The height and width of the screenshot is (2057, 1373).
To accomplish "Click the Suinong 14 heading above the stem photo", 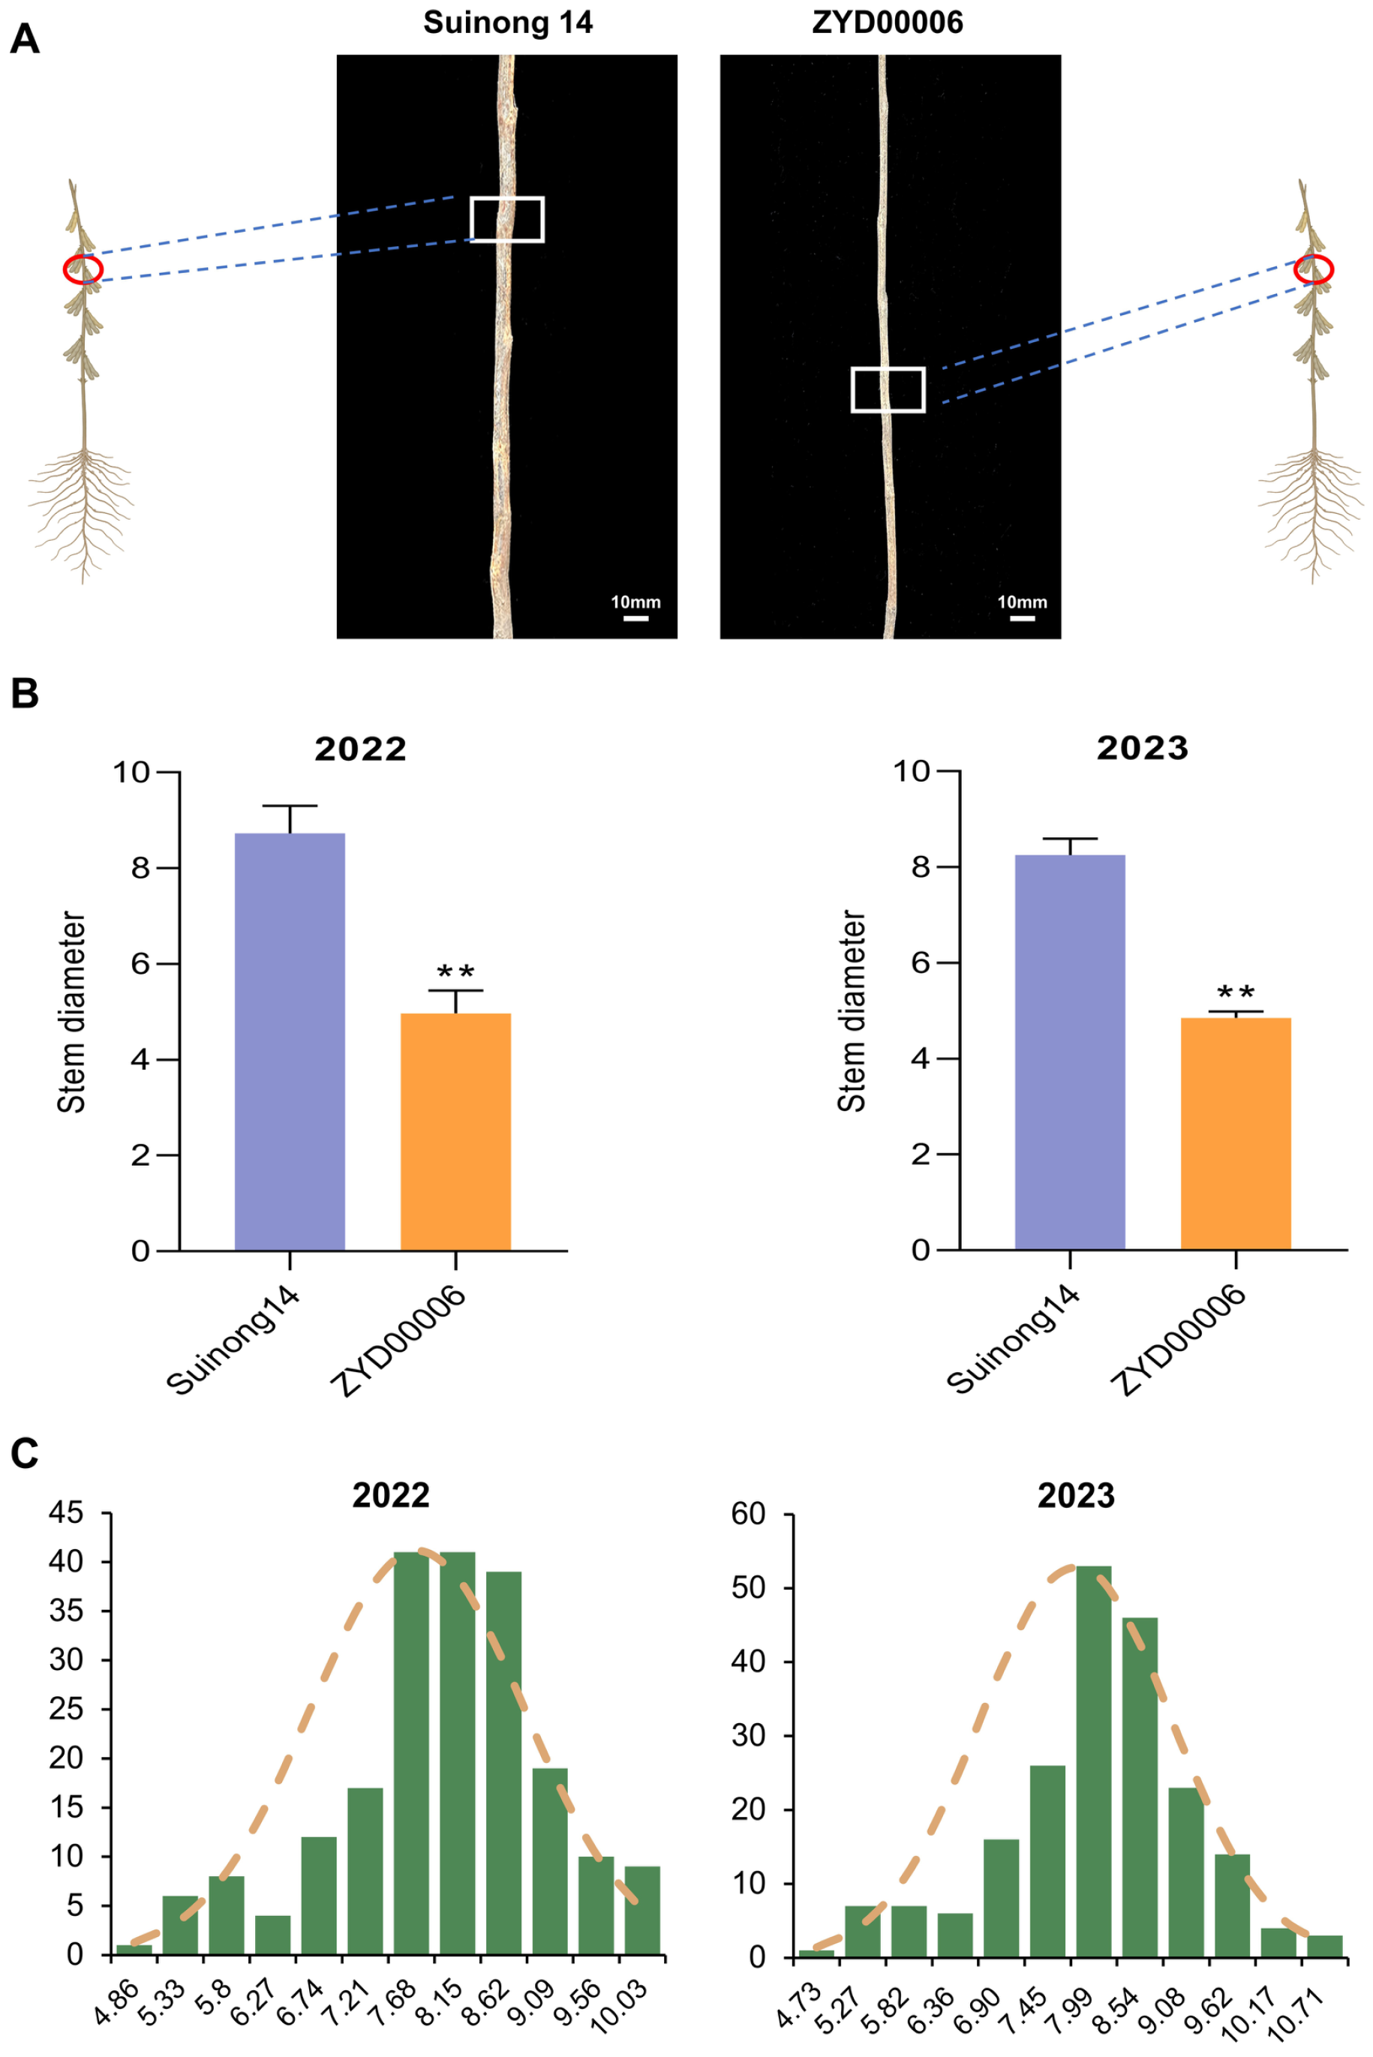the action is pyautogui.click(x=508, y=22).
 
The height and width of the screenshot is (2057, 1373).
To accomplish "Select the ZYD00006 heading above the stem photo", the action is pyautogui.click(x=888, y=22).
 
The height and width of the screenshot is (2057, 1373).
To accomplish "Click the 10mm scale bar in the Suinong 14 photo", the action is pyautogui.click(x=635, y=618).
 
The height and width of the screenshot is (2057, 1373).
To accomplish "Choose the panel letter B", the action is pyautogui.click(x=25, y=693).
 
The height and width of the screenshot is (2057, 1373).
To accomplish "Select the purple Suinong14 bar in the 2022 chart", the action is pyautogui.click(x=290, y=1042).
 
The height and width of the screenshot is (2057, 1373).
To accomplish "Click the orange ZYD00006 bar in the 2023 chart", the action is pyautogui.click(x=1236, y=1134).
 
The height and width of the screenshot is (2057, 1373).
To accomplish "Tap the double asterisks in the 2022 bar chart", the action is pyautogui.click(x=455, y=972).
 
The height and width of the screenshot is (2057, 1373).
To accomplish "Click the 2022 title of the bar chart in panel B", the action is pyautogui.click(x=361, y=749).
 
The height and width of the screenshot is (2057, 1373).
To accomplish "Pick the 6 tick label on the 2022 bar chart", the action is pyautogui.click(x=141, y=964).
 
